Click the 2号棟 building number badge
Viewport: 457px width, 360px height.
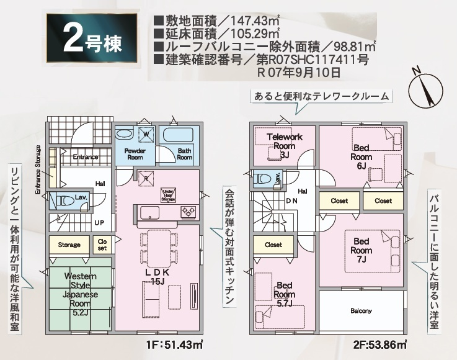[90, 40]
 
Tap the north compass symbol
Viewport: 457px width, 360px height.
[425, 88]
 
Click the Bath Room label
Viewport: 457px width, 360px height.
[185, 154]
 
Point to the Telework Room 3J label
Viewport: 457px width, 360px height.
[285, 145]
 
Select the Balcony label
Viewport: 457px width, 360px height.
[361, 310]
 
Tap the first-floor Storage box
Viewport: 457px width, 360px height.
[69, 245]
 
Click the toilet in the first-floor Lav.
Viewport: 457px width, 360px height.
[64, 200]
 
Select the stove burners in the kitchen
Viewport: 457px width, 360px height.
[189, 213]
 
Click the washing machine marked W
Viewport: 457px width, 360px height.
[147, 133]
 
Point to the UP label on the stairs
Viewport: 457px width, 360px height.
[99, 222]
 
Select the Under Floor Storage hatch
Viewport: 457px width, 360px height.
[168, 194]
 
